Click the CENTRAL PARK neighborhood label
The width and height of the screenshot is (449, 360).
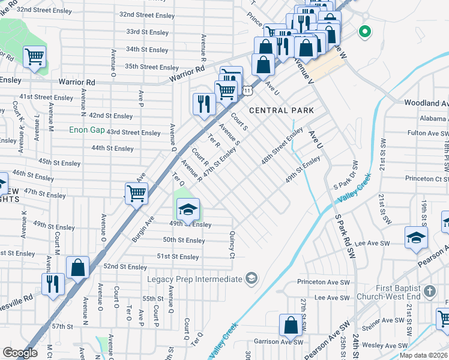pyautogui.click(x=282, y=110)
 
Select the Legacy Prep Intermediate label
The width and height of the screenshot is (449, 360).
pyautogui.click(x=194, y=278)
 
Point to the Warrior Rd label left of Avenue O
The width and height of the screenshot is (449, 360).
pyautogui.click(x=77, y=82)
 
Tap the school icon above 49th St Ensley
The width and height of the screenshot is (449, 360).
pyautogui.click(x=188, y=209)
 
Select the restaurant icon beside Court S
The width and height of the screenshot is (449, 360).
pyautogui.click(x=204, y=103)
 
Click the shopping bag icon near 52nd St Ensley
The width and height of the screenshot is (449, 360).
pyautogui.click(x=78, y=267)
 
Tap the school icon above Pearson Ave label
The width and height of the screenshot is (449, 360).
pyautogui.click(x=416, y=237)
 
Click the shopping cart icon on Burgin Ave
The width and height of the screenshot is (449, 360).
pyautogui.click(x=137, y=193)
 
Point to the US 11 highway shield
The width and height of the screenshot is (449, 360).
pyautogui.click(x=247, y=91)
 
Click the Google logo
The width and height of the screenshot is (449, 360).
pyautogui.click(x=20, y=352)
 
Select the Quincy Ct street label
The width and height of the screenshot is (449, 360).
pyautogui.click(x=231, y=246)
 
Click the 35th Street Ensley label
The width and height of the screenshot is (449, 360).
pyautogui.click(x=152, y=67)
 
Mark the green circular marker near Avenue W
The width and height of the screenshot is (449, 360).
pyautogui.click(x=364, y=31)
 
